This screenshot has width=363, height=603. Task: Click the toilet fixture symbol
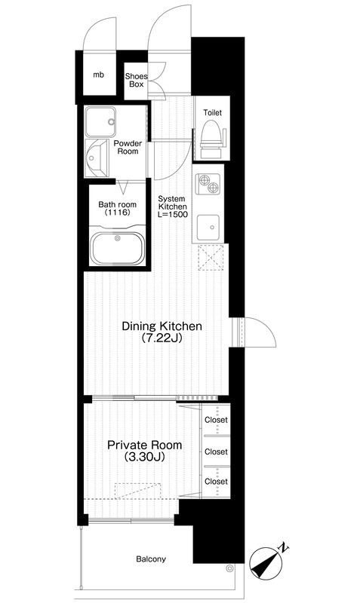coord(212,139)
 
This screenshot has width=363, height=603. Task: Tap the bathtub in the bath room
coord(118,249)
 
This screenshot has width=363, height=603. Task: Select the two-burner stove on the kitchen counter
coord(208,183)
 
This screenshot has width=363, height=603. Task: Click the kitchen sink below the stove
coord(208,227)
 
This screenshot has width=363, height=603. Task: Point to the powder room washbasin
coord(96,158)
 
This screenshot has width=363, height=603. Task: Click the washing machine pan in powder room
coord(100,121)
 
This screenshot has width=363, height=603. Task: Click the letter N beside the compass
coord(284,547)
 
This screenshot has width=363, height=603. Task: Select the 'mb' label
coord(99,75)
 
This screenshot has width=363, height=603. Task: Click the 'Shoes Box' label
coord(137,80)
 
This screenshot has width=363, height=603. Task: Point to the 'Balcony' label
coord(151,559)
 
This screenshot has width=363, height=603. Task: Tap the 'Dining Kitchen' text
coord(162,326)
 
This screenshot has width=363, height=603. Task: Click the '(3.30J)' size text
coord(145,457)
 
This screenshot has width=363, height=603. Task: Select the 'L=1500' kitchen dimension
coord(174,215)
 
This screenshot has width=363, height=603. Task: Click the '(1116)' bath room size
coord(118,213)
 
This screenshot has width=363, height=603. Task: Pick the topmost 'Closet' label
coord(216,420)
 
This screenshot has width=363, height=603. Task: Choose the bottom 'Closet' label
coord(216,481)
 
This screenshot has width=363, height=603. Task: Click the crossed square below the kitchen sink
coord(211,257)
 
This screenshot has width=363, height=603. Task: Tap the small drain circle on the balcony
coord(230,568)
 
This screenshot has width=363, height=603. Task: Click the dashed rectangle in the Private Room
coord(137,491)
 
